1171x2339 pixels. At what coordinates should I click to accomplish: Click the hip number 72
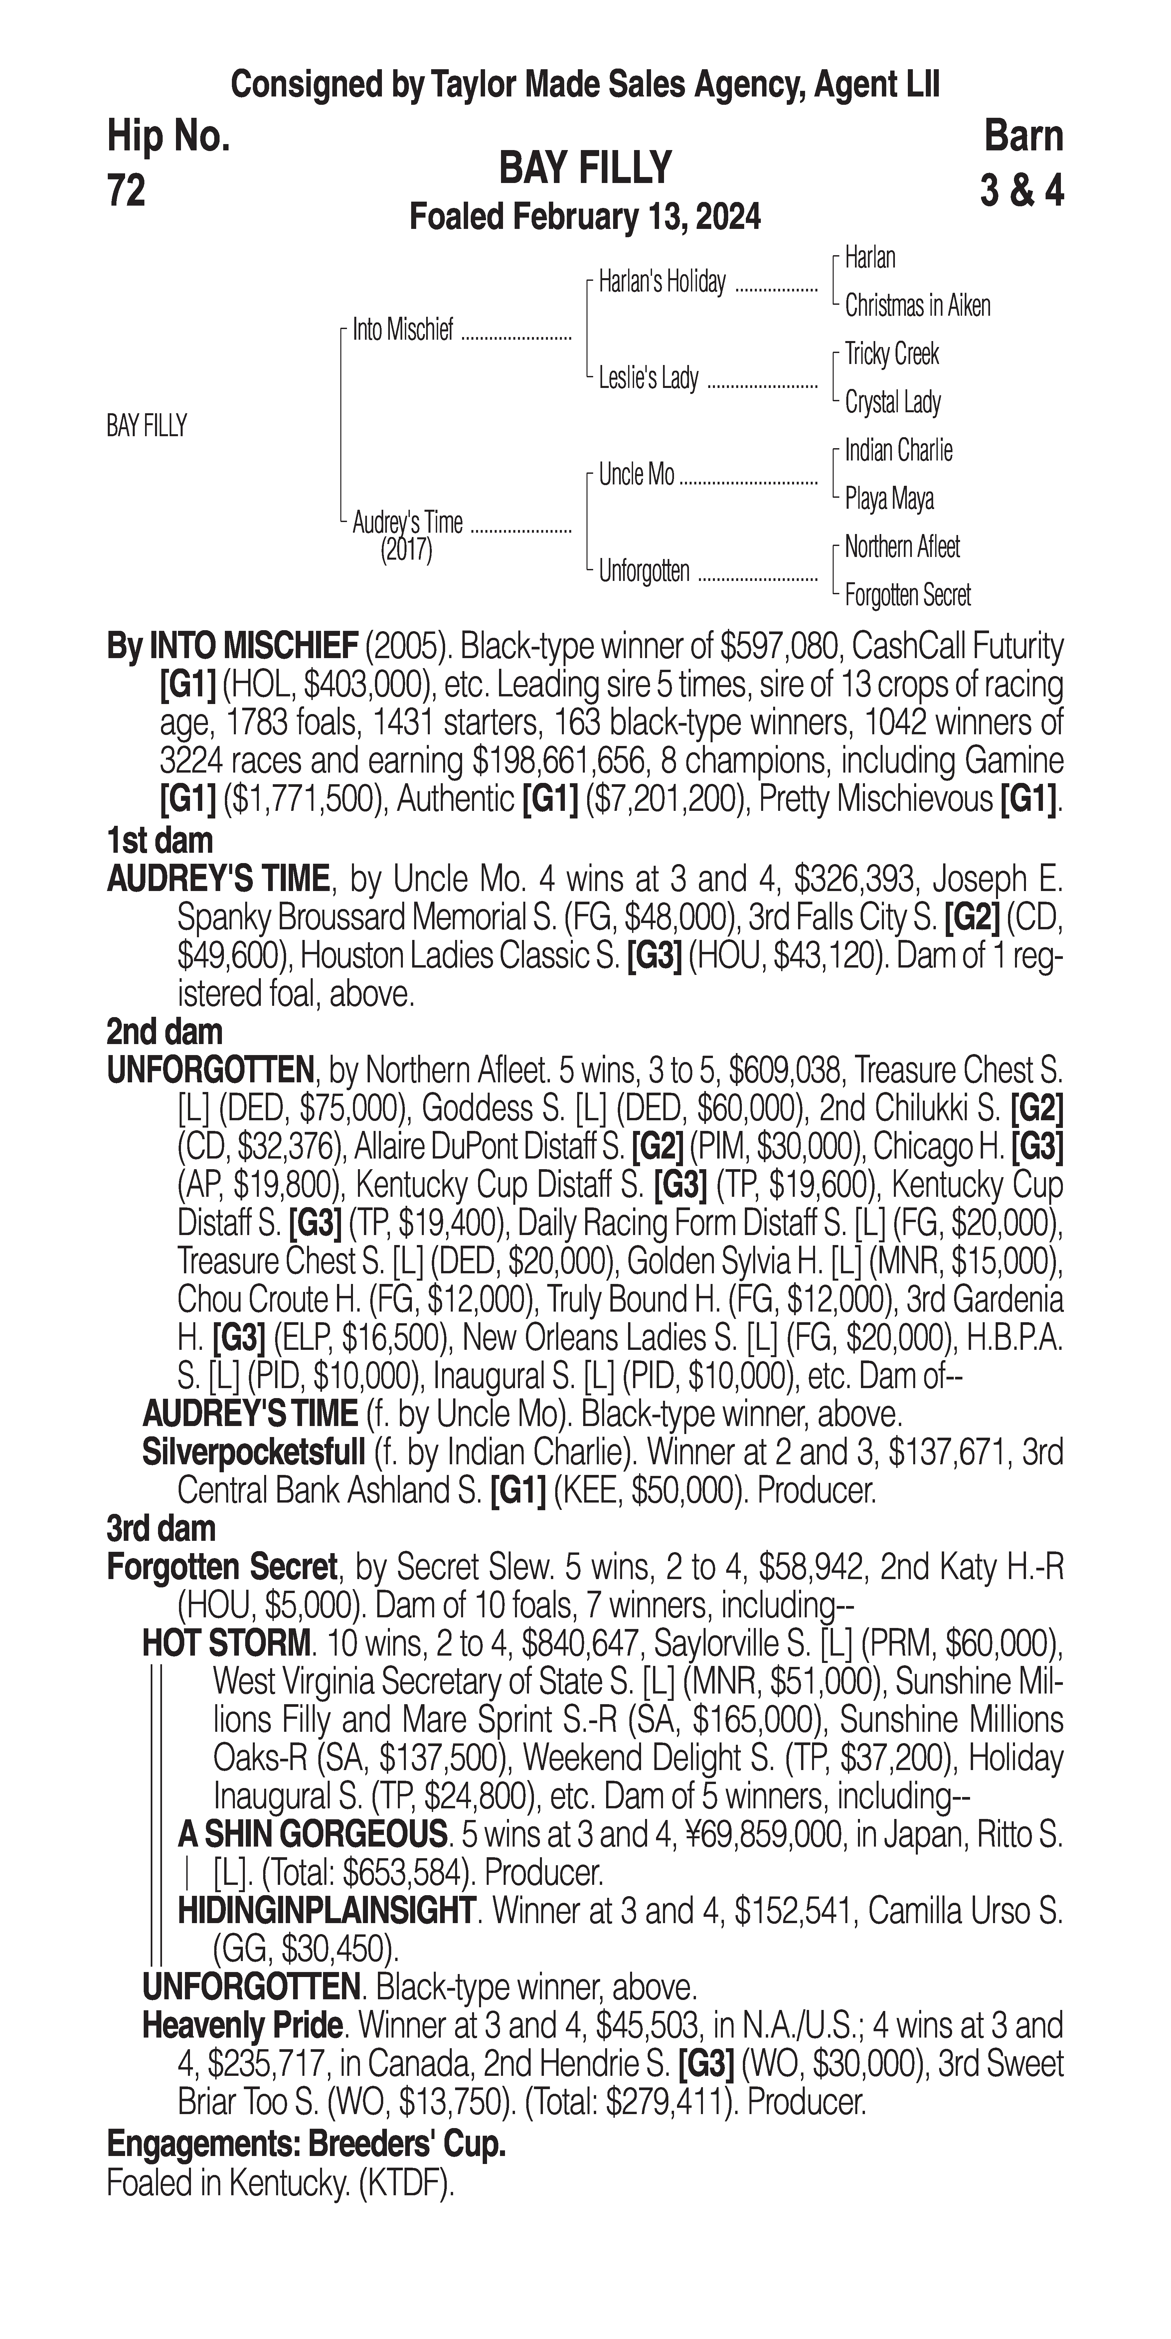(x=126, y=191)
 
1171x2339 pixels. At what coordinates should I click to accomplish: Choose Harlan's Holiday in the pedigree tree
(x=662, y=282)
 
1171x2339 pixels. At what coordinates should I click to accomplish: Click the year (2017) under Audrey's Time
(x=407, y=550)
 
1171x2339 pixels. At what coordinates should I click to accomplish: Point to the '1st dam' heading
(x=160, y=841)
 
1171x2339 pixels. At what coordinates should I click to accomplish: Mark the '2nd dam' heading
(x=164, y=1031)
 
